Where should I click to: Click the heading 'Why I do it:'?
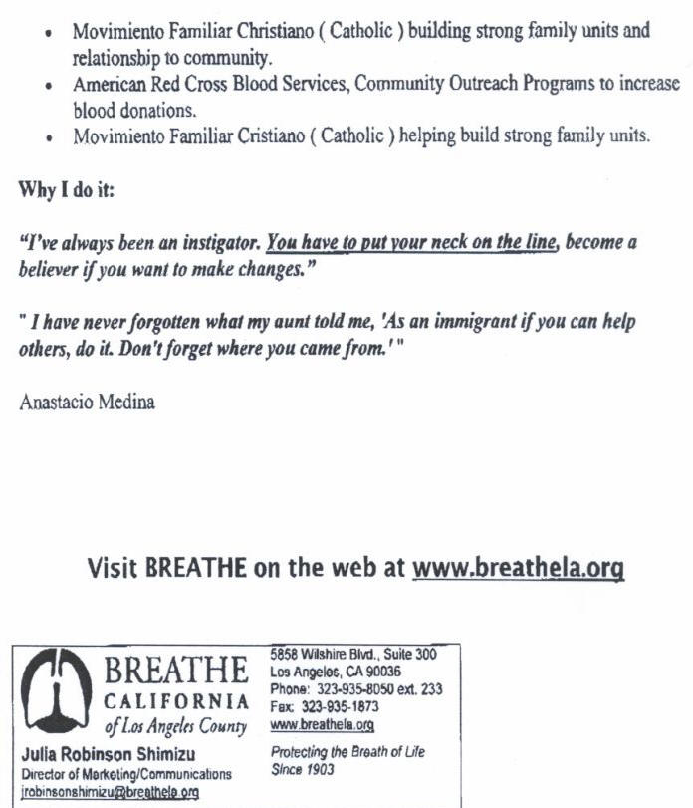pos(67,189)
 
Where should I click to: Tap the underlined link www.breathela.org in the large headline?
pos(518,568)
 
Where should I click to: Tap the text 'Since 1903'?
pos(303,770)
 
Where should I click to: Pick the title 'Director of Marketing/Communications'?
pos(125,774)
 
